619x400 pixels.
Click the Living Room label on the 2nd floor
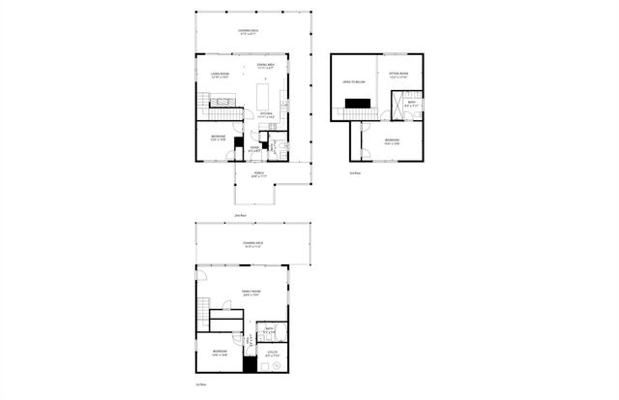(219, 75)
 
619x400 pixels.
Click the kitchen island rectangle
(261, 95)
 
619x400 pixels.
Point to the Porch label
(259, 175)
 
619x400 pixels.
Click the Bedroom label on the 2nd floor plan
(219, 138)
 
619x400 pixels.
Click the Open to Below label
(352, 82)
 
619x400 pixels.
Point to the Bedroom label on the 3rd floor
(391, 141)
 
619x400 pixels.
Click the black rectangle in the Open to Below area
(356, 105)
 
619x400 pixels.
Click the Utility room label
(272, 354)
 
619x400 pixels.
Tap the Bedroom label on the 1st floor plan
(220, 353)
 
